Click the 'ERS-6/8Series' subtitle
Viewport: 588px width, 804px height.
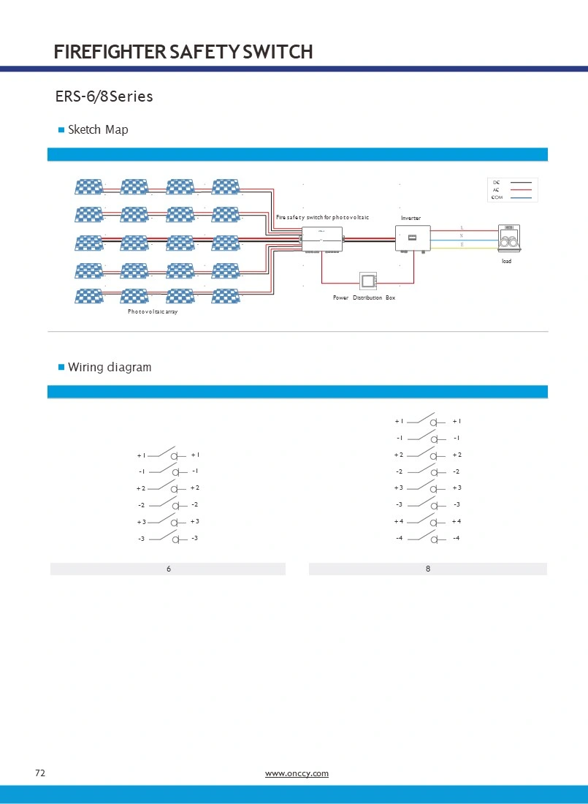tap(104, 96)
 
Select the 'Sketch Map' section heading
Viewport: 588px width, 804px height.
tap(97, 130)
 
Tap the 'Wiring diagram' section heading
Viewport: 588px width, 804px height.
tap(109, 368)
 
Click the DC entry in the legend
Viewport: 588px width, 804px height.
tap(497, 182)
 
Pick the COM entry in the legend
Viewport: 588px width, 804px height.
tap(497, 197)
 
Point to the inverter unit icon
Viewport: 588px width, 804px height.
tap(412, 238)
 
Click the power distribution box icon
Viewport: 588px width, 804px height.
tap(367, 281)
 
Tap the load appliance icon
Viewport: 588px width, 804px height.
tap(507, 239)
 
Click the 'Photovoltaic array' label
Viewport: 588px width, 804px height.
tap(153, 311)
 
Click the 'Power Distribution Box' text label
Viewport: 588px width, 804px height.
tap(364, 298)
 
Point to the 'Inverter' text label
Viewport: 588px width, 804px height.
tap(411, 218)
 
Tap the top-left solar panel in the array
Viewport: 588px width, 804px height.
tap(88, 187)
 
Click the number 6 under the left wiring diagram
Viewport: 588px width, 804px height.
tap(169, 569)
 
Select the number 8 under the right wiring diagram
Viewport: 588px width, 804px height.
tap(428, 569)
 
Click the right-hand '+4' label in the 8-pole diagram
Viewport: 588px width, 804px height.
tap(457, 521)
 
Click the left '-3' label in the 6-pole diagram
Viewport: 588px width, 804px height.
tap(141, 539)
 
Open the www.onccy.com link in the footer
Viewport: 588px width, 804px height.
tap(297, 773)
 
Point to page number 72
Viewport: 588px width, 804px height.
tap(40, 773)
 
